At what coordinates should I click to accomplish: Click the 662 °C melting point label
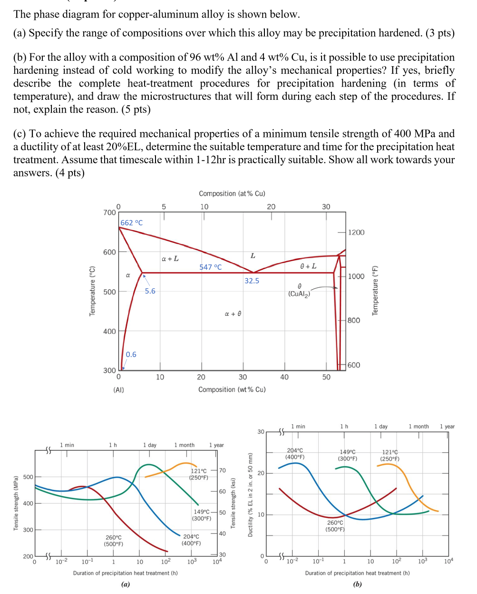131,223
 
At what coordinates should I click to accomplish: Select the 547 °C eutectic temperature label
210,267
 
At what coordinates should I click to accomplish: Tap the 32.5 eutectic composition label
252,281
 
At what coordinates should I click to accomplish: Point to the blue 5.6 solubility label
150,291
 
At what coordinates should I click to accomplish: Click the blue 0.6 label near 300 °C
131,354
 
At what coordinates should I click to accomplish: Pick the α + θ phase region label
233,314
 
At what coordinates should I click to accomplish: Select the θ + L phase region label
308,266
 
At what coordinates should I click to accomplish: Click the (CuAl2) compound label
299,294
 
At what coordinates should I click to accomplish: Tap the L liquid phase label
253,256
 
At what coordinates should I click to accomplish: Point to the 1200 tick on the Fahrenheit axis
356,232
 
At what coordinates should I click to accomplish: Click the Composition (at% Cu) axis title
232,194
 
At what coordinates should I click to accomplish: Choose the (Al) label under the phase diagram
118,390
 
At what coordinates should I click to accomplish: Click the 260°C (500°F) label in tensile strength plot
113,541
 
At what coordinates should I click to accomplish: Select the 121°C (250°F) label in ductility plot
389,455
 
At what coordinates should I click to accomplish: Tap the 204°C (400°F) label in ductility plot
295,454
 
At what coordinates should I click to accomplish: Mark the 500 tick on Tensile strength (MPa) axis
28,477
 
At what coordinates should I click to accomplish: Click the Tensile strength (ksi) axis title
233,503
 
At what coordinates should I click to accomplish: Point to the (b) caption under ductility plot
357,584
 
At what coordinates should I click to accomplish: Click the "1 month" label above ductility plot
419,427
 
